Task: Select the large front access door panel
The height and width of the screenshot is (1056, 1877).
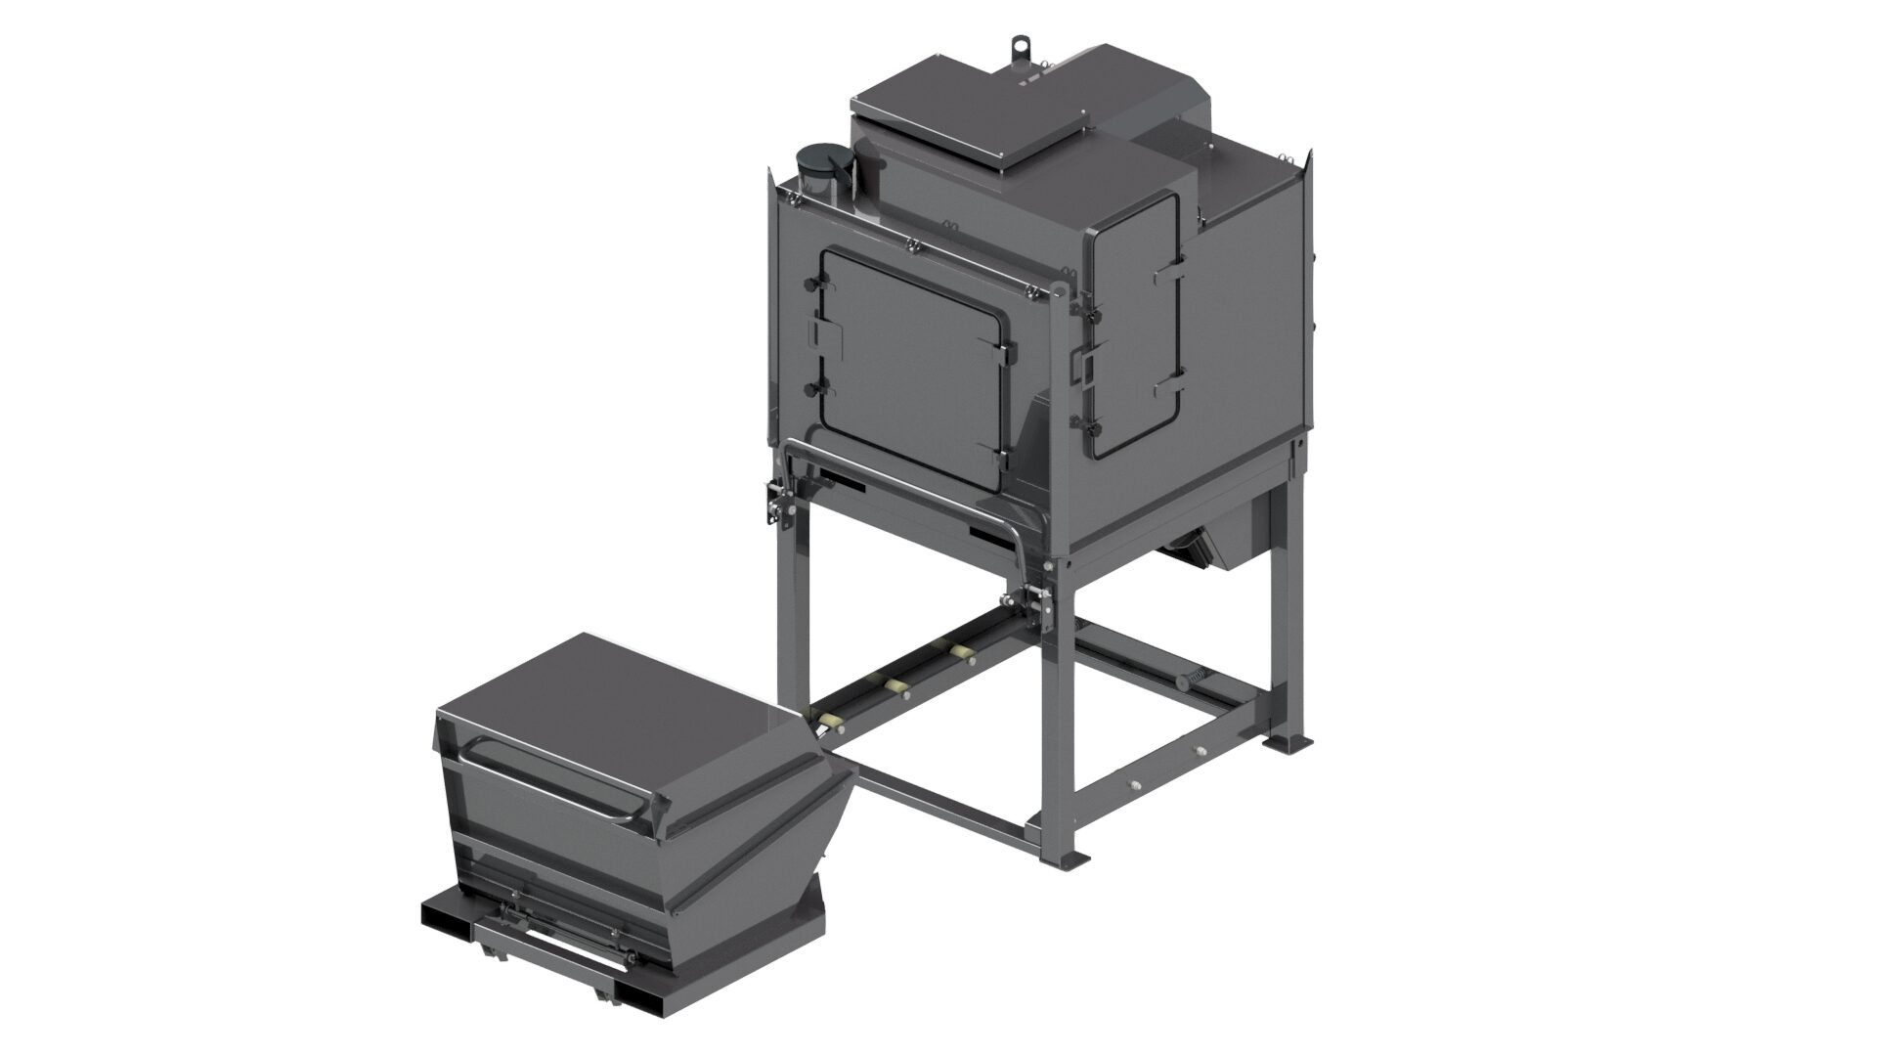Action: pyautogui.click(x=909, y=367)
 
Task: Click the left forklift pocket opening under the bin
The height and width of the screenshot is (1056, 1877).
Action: pyautogui.click(x=445, y=918)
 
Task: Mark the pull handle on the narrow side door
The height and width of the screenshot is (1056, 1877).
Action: pyautogui.click(x=1087, y=366)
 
